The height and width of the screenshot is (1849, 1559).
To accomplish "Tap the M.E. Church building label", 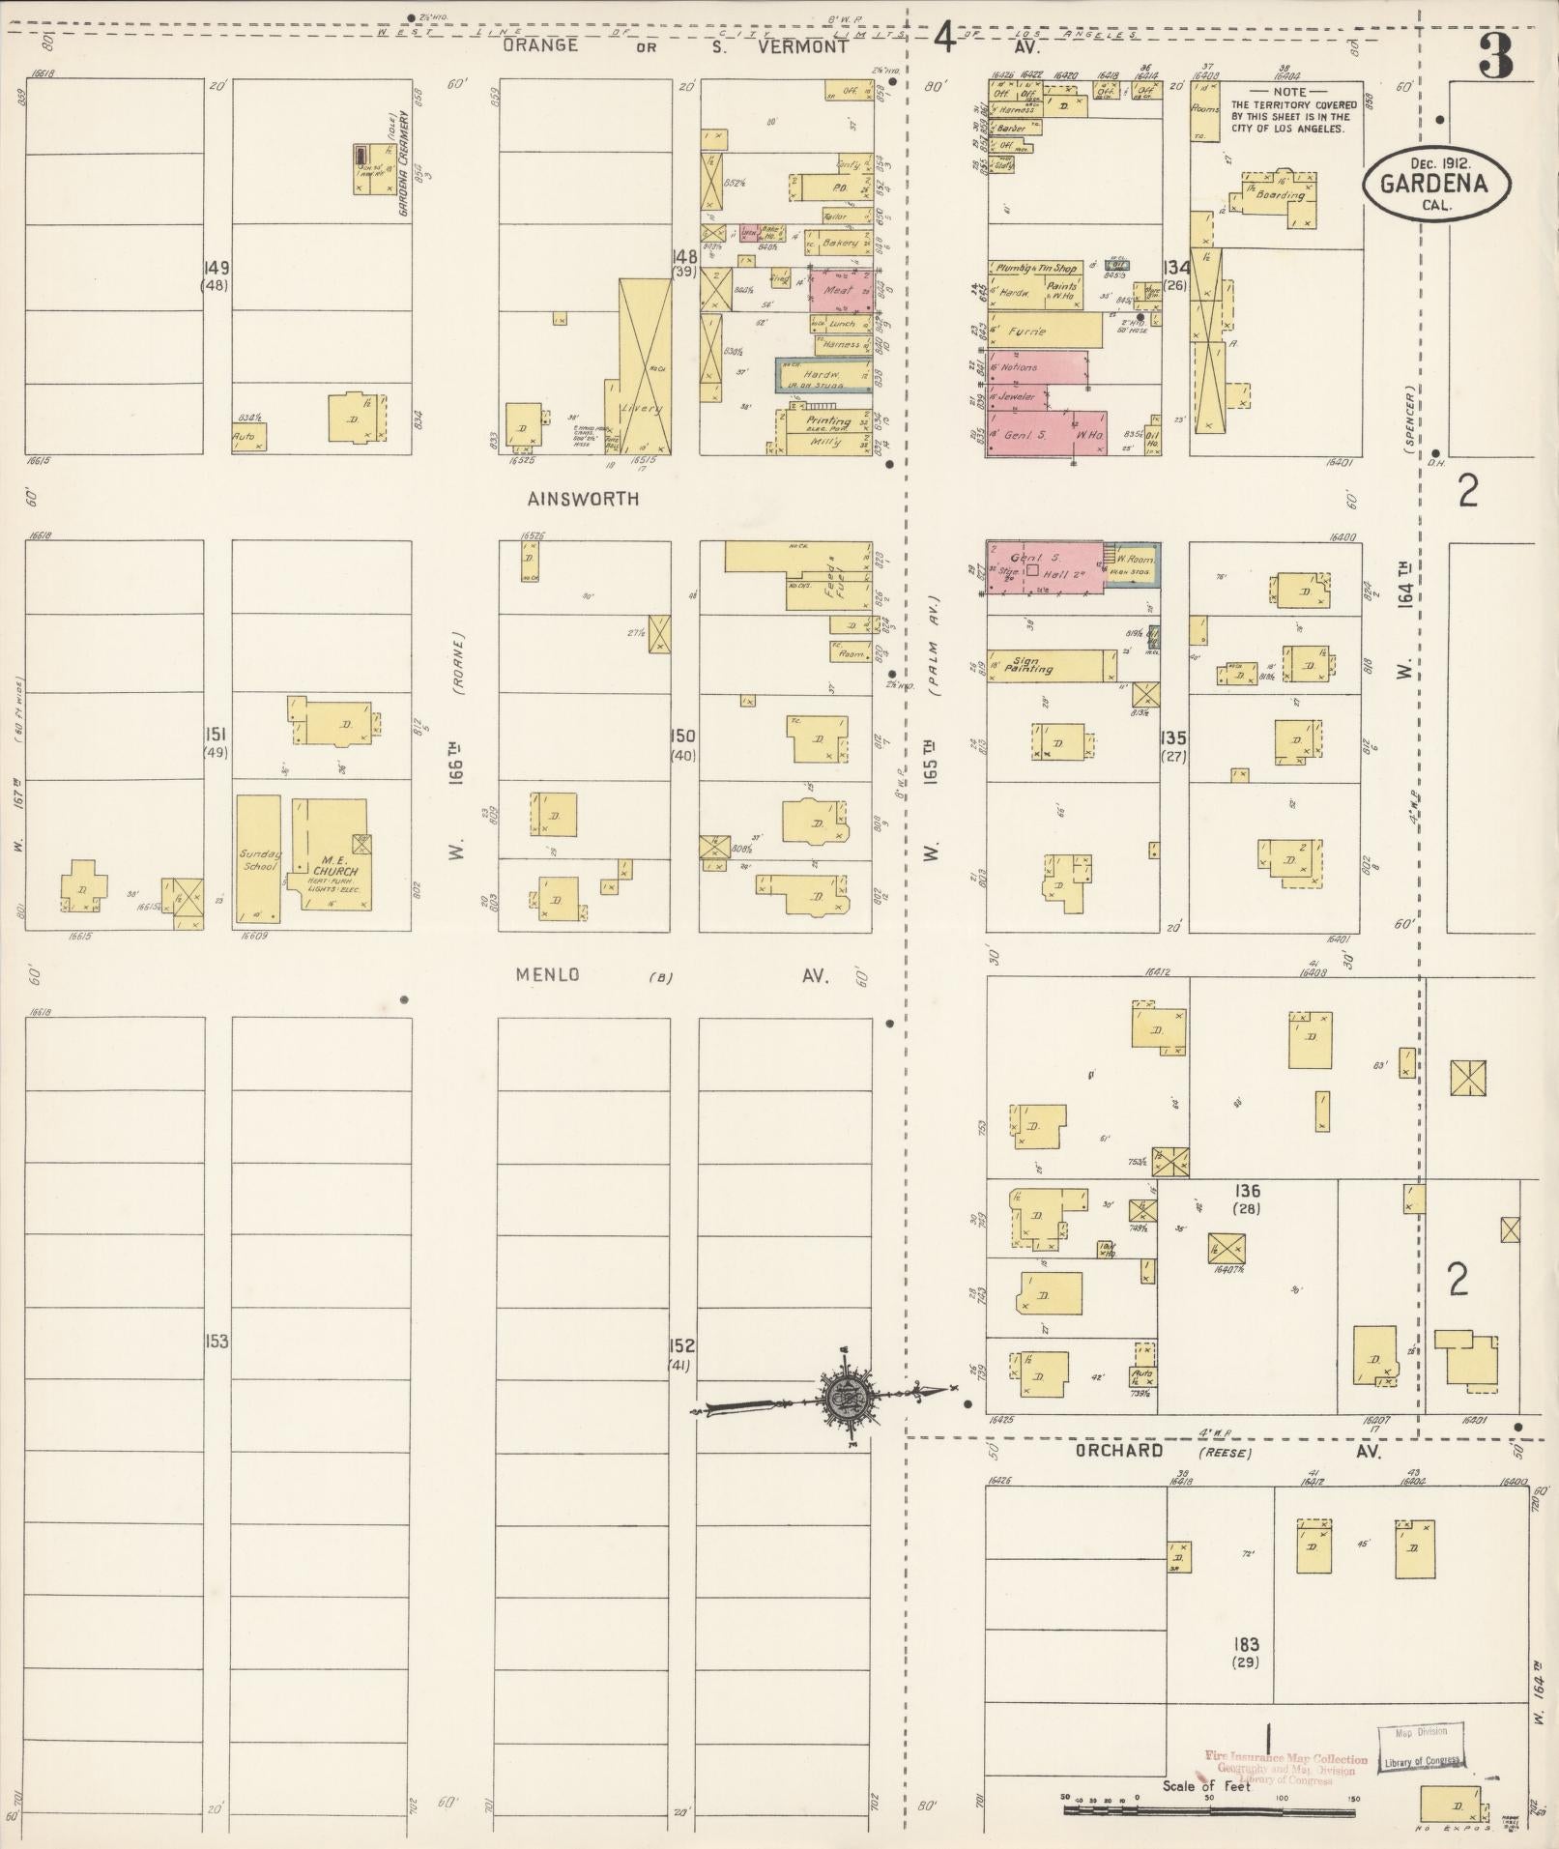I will click(x=334, y=865).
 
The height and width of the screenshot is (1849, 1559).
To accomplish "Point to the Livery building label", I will click(x=641, y=408).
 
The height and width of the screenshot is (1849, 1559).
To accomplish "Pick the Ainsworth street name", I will click(x=585, y=499).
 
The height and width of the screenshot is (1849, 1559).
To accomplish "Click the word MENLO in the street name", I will click(x=548, y=974).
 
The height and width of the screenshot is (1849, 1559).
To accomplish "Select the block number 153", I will click(x=216, y=1342).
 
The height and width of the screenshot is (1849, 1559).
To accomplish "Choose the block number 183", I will click(x=1246, y=1643).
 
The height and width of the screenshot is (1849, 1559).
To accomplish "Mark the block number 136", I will click(x=1247, y=1191).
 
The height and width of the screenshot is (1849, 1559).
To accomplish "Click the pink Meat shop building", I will click(x=836, y=289).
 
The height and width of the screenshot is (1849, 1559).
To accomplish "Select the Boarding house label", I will click(x=1280, y=194).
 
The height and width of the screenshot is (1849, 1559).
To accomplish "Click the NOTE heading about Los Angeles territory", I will click(x=1294, y=91).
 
